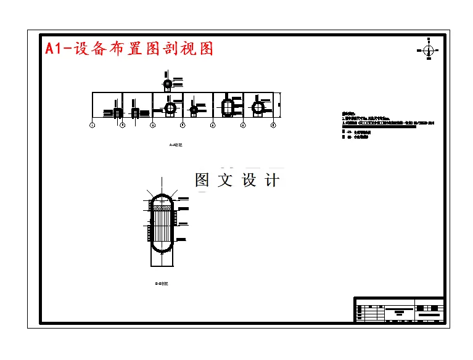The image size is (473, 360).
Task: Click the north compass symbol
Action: pyautogui.click(x=429, y=49)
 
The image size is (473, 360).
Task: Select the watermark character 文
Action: pyautogui.click(x=220, y=180)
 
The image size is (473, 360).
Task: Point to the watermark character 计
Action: pyautogui.click(x=272, y=180)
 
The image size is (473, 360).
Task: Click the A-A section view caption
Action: pyautogui.click(x=176, y=145)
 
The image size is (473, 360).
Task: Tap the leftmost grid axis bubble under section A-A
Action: pyautogui.click(x=92, y=125)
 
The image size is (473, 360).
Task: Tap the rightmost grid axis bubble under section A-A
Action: pyautogui.click(x=273, y=125)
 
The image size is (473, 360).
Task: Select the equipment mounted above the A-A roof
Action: pyautogui.click(x=167, y=83)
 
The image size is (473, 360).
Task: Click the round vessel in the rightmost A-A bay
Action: pyautogui.click(x=258, y=108)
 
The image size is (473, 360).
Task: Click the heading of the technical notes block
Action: pyautogui.click(x=349, y=114)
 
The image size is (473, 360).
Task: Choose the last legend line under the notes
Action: pyautogui.click(x=355, y=137)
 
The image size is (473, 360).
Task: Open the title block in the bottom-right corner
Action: pyautogui.click(x=398, y=309)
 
